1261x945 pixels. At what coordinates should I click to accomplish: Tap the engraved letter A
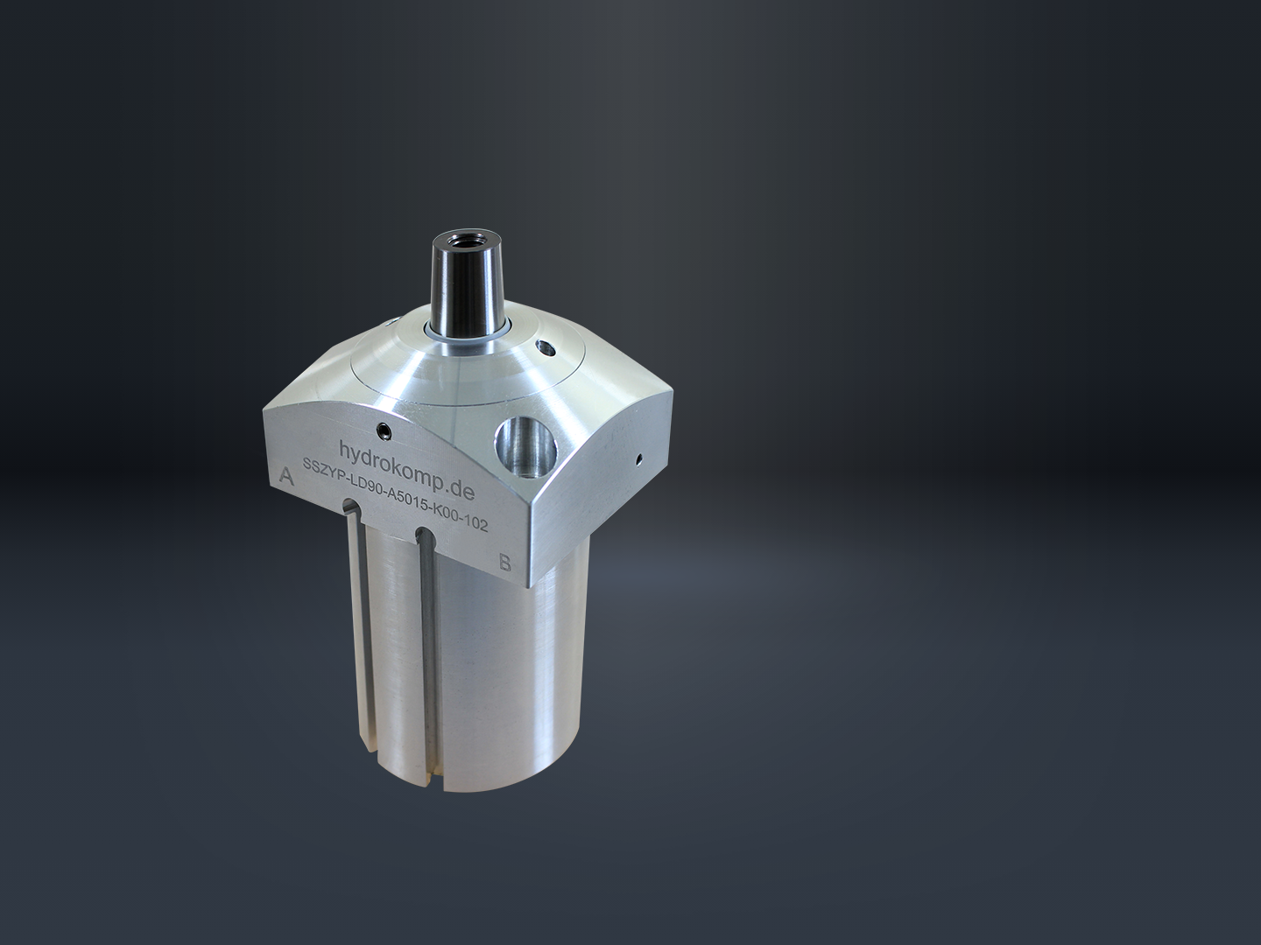pyautogui.click(x=286, y=477)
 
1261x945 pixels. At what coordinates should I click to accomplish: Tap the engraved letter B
pyautogui.click(x=505, y=563)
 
